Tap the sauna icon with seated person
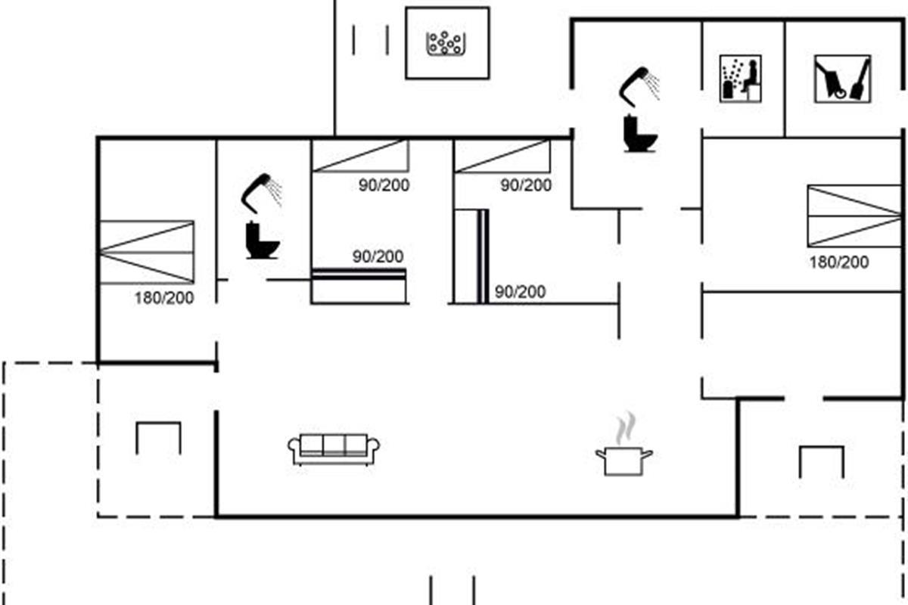pyautogui.click(x=741, y=79)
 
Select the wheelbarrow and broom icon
pyautogui.click(x=842, y=79)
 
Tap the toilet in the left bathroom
pyautogui.click(x=263, y=240)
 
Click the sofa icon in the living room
pyautogui.click(x=334, y=449)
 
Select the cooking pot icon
pyautogui.click(x=623, y=461)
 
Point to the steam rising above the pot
pyautogui.click(x=626, y=428)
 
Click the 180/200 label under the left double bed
pyautogui.click(x=164, y=298)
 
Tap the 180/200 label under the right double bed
pyautogui.click(x=839, y=262)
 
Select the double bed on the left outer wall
pyautogui.click(x=147, y=252)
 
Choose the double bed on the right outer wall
pyautogui.click(x=854, y=216)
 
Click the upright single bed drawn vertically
pyautogui.click(x=471, y=256)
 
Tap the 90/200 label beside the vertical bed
pyautogui.click(x=520, y=292)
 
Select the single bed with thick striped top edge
pyautogui.click(x=359, y=286)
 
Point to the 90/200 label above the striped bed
pyautogui.click(x=378, y=256)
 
